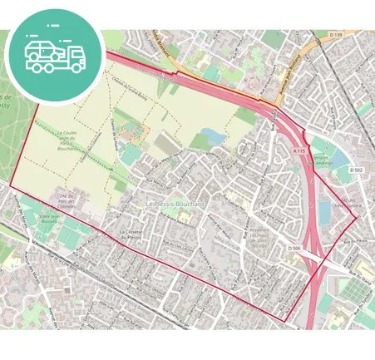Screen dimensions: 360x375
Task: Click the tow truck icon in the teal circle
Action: (54, 54)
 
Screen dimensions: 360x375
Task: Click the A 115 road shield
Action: (300, 150)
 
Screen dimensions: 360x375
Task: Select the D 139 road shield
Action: (335, 34)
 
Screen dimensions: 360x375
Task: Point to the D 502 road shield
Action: (356, 170)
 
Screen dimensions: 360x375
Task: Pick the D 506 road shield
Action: (293, 248)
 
